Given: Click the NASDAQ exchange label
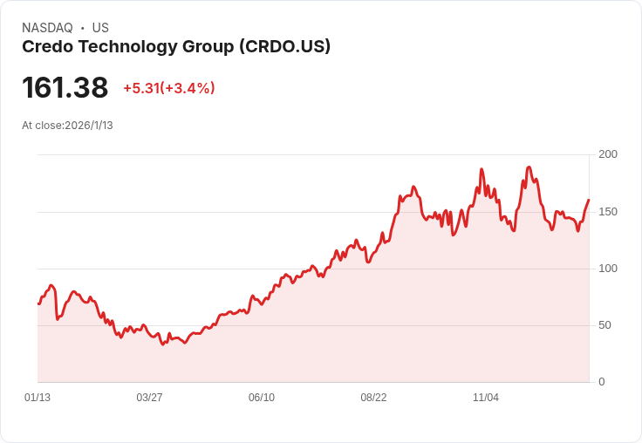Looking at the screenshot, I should tap(47, 28).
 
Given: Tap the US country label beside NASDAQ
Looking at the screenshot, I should tap(100, 28).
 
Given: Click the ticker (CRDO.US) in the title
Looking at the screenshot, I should tap(284, 47).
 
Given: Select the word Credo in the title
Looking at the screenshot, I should tap(45, 47).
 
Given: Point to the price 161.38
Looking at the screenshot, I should tap(65, 87).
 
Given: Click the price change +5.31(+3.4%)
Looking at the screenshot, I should tap(168, 88).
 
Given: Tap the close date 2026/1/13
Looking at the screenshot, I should tap(89, 126).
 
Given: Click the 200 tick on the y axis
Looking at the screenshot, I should tap(608, 154).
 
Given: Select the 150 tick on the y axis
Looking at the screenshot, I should tap(608, 212).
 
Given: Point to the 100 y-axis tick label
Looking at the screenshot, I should tap(608, 269).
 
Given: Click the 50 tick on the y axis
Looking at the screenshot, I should tap(604, 325).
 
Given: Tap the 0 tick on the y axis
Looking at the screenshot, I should tap(602, 382).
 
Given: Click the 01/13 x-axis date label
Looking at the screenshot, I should tap(38, 398).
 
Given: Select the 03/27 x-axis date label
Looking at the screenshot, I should tap(149, 398).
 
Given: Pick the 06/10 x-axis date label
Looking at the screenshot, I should tap(262, 398).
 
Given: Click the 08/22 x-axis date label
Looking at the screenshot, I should tap(373, 398).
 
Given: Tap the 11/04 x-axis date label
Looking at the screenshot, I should tap(486, 398).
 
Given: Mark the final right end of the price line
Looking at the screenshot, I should tap(589, 201).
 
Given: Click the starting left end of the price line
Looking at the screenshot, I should tap(38, 303).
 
